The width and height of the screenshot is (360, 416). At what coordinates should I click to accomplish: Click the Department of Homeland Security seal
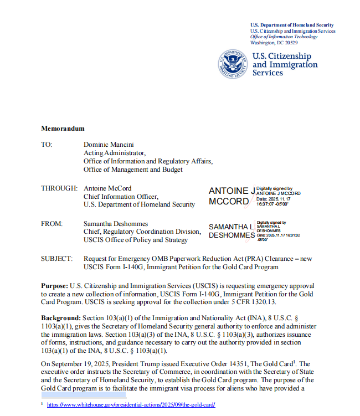233,64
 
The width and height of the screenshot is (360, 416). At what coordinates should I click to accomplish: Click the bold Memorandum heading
63,129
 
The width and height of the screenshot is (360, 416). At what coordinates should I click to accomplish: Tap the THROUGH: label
59,188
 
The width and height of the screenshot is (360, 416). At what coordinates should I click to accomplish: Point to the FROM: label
52,223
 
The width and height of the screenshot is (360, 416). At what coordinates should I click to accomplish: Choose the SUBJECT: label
56,259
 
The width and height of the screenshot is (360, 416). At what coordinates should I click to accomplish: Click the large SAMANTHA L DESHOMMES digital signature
232,231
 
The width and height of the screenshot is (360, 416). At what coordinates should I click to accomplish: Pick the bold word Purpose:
54,285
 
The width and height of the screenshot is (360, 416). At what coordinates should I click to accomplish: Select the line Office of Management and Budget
133,170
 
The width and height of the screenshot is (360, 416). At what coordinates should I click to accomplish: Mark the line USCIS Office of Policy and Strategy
136,240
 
